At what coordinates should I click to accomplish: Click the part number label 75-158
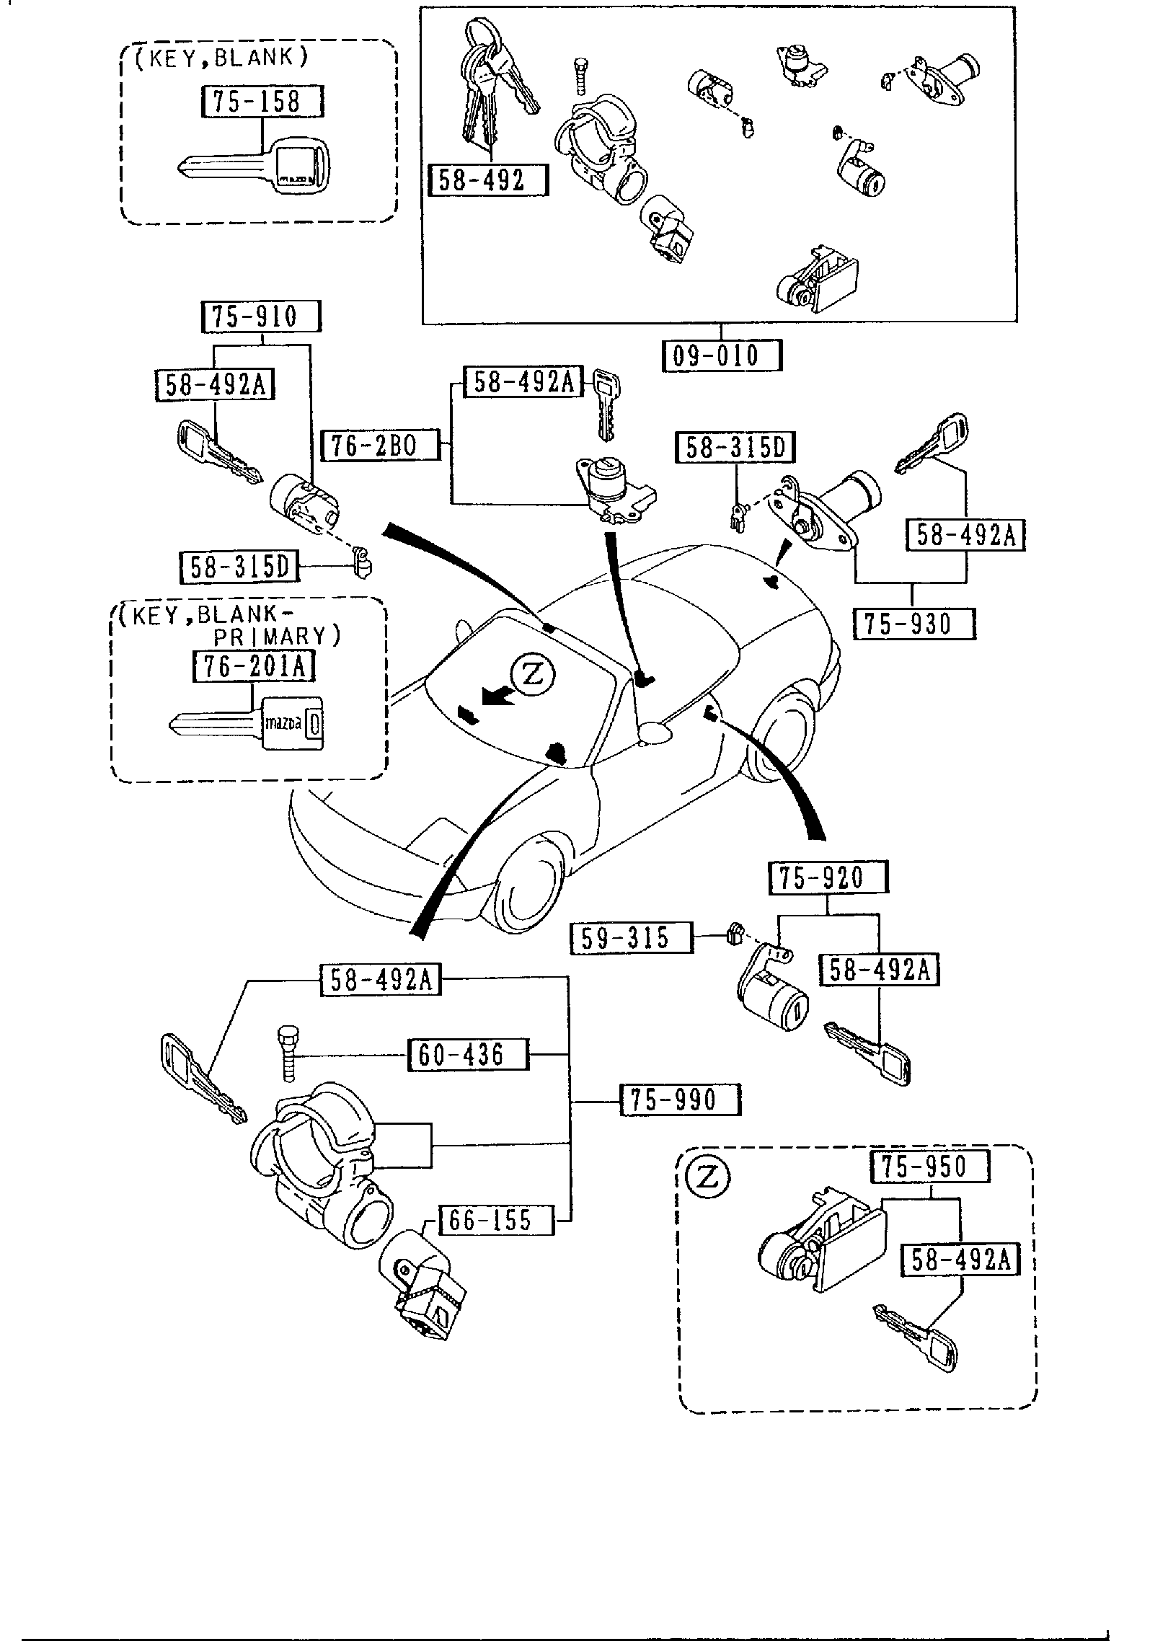pyautogui.click(x=260, y=102)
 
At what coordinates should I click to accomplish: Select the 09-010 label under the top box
pyautogui.click(x=722, y=355)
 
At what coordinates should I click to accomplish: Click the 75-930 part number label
pyautogui.click(x=913, y=624)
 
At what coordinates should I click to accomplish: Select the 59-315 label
pyautogui.click(x=632, y=937)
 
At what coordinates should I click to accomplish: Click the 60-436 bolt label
pyautogui.click(x=468, y=1054)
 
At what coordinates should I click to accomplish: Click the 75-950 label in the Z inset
pyautogui.click(x=929, y=1166)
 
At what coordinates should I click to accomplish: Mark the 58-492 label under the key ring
pyautogui.click(x=488, y=180)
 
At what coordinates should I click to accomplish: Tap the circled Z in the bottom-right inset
pyautogui.click(x=708, y=1177)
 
